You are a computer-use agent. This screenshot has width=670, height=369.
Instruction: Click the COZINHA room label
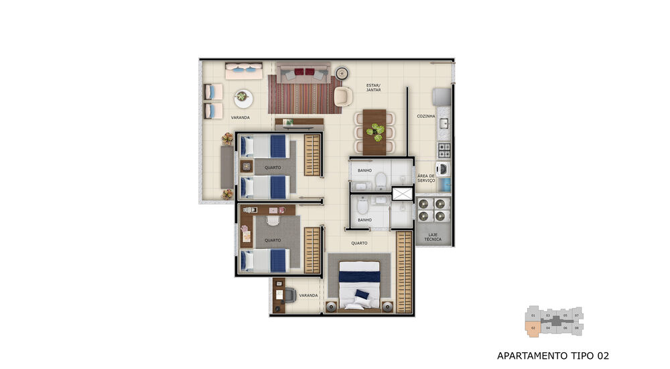426,116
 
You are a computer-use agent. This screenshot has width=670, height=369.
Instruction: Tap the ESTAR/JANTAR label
373,88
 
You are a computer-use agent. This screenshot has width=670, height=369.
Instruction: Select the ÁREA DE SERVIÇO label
426,178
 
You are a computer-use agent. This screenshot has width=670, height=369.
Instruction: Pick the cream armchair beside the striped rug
343,97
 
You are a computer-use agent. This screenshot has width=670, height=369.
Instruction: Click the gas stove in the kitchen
444,148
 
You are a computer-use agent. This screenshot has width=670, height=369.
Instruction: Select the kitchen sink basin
444,123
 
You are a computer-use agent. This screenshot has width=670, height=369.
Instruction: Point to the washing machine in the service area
444,168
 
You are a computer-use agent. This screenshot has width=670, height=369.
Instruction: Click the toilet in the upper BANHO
380,178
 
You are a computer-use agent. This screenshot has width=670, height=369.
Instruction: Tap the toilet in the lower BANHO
362,205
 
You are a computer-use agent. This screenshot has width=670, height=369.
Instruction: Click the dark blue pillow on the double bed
362,295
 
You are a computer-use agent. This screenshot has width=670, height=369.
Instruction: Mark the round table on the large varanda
243,98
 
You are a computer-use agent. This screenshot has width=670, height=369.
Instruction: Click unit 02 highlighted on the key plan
533,329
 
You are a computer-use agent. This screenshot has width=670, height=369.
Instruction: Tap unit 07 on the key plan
576,315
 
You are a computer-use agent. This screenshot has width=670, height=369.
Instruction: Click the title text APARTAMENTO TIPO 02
553,355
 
